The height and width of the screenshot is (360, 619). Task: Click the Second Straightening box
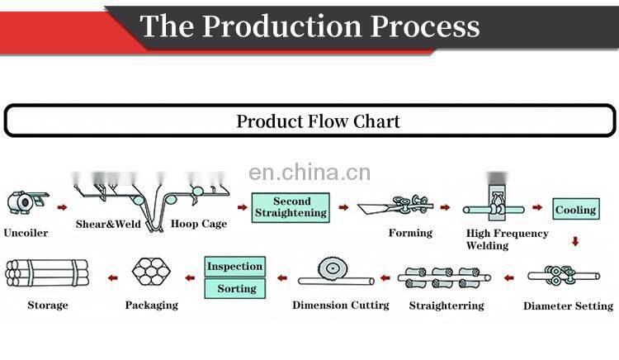click(x=291, y=207)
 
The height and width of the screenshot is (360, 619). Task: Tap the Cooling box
click(x=575, y=210)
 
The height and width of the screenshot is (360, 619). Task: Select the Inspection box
click(x=234, y=267)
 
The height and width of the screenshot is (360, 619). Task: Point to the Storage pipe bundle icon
click(x=46, y=273)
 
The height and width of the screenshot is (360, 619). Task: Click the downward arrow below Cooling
click(x=575, y=241)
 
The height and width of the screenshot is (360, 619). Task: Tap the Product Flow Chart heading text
click(x=318, y=121)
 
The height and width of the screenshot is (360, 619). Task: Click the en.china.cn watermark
click(x=309, y=173)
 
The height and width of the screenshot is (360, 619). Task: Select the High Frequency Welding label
click(x=507, y=239)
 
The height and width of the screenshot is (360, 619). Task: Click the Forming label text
click(x=410, y=233)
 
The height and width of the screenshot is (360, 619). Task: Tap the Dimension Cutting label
click(x=341, y=306)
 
